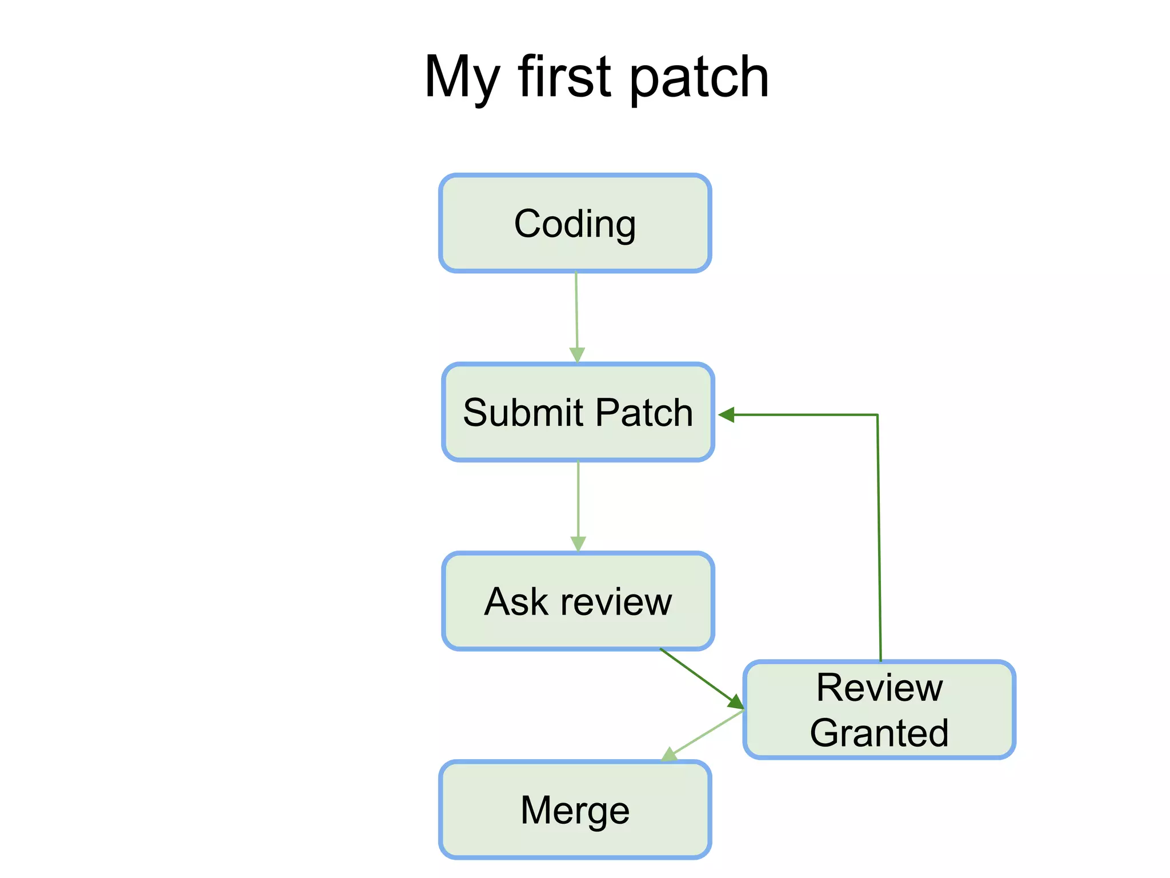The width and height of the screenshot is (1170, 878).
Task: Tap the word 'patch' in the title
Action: tap(699, 78)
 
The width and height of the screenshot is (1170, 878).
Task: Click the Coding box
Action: tap(575, 224)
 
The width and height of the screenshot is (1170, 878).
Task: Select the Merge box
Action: tap(575, 810)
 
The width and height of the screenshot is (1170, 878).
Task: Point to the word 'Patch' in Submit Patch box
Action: tap(644, 413)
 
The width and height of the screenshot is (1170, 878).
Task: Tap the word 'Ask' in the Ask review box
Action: tap(516, 602)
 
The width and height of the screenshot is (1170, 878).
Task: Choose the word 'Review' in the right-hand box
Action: tap(879, 688)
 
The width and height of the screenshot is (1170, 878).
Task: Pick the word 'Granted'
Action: tap(879, 733)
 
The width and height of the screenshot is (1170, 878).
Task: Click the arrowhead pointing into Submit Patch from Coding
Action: tap(578, 355)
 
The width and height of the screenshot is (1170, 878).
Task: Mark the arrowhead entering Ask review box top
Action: tap(578, 544)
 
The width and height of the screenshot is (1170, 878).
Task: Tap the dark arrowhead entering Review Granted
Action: tap(735, 702)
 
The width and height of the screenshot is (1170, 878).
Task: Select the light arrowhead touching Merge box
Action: tap(669, 755)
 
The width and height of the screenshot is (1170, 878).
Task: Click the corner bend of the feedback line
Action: tap(877, 415)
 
